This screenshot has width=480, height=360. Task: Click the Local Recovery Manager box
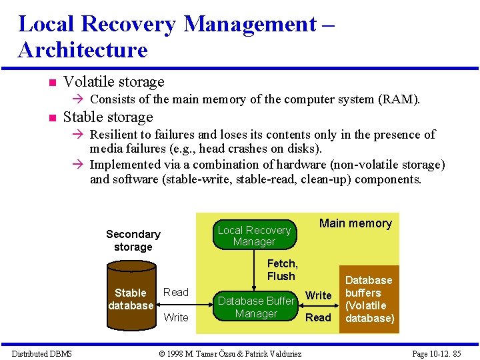(254, 235)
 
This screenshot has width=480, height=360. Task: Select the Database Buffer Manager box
(256, 307)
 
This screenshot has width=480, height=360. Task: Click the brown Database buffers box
(369, 299)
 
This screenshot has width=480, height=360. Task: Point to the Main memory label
(355, 223)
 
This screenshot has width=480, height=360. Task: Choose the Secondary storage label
(133, 240)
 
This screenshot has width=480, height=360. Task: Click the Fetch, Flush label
(281, 270)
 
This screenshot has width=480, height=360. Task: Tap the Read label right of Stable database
(176, 292)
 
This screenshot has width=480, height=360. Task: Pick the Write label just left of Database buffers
(318, 295)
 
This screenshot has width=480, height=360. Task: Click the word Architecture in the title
(83, 50)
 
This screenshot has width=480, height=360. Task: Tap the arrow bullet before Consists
(77, 100)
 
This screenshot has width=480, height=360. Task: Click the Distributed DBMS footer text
(41, 353)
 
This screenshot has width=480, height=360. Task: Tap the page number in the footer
(437, 353)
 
